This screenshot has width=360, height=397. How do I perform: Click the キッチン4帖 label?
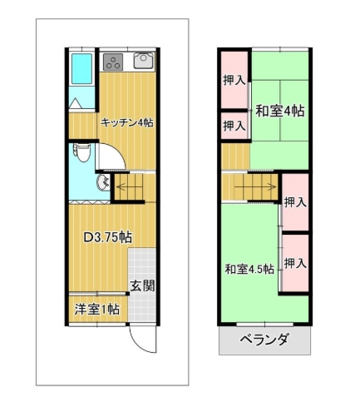(x=127, y=122)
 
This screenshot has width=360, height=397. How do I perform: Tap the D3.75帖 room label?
(x=107, y=237)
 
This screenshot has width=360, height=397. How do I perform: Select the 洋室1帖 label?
(x=97, y=309)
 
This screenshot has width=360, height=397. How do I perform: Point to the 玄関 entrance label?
(x=142, y=285)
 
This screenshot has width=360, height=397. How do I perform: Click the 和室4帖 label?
(x=279, y=111)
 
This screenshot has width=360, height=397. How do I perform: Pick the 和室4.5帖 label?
(x=249, y=269)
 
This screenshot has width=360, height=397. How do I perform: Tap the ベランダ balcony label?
(x=264, y=339)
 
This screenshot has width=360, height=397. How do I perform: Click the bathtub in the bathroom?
(x=82, y=68)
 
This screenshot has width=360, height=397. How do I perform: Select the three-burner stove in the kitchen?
(x=113, y=62)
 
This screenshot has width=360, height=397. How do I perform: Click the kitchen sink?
(x=143, y=61)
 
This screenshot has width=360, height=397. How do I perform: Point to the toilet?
(x=81, y=152)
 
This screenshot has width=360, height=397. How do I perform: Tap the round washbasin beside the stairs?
(x=103, y=183)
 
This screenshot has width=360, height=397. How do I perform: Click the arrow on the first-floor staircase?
(x=130, y=186)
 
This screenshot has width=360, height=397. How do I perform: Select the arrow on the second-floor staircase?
(x=255, y=186)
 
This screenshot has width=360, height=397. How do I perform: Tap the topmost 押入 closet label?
(x=234, y=81)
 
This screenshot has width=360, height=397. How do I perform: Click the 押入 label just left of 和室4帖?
(x=234, y=126)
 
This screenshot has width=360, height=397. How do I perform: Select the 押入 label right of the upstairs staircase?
(x=295, y=202)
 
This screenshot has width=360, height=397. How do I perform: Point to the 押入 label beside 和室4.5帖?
(x=295, y=263)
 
